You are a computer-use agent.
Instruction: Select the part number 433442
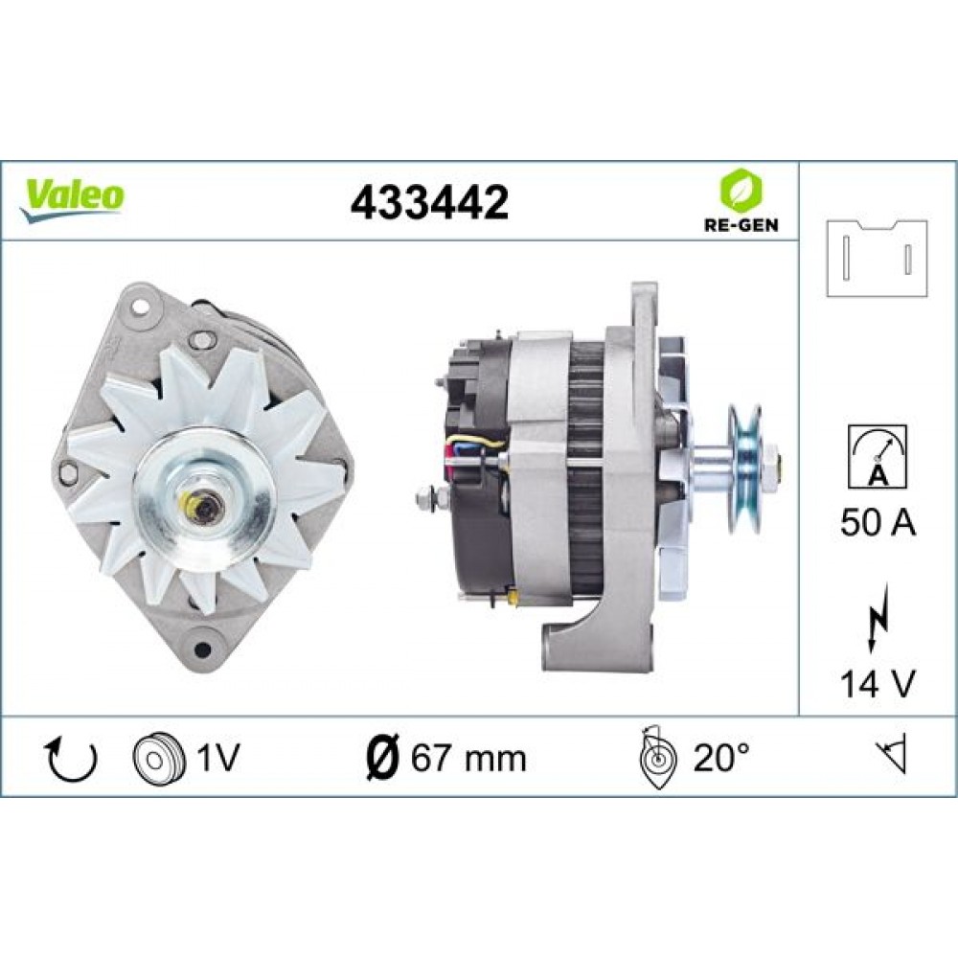[429, 202]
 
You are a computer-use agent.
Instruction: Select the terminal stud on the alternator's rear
[428, 497]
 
